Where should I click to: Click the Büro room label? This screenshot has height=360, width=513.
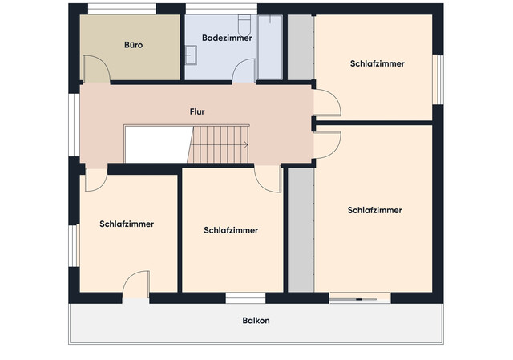(x=133, y=46)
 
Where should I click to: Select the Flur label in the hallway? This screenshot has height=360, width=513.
(x=196, y=112)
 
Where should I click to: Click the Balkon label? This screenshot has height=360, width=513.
(x=256, y=321)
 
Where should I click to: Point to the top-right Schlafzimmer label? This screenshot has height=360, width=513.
(x=377, y=63)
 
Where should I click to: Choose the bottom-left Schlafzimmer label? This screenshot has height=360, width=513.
(x=127, y=224)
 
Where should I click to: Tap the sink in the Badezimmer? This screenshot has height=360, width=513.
(x=192, y=55)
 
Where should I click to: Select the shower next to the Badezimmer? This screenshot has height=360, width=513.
(x=270, y=47)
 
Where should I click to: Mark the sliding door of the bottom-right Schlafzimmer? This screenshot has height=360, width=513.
(x=359, y=297)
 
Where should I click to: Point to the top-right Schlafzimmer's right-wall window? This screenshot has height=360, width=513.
(x=438, y=79)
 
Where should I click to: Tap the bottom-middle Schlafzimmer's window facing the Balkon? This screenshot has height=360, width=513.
(x=245, y=297)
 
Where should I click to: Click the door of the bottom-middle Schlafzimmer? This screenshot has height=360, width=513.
(x=267, y=179)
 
